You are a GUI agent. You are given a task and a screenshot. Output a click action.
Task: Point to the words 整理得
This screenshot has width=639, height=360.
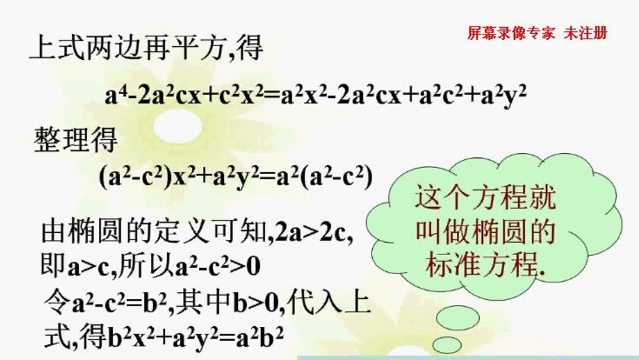[76, 142]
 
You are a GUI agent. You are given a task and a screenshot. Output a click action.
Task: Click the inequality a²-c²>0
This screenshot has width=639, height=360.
[218, 267]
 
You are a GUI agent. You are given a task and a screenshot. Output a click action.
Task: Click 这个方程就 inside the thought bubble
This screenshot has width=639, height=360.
[485, 198]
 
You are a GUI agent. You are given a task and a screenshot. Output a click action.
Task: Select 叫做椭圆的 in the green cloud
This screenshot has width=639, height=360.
[485, 232]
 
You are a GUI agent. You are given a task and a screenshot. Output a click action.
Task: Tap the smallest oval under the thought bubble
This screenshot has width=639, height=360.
[447, 345]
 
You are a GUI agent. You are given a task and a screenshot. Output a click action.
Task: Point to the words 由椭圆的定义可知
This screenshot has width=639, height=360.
[152, 233]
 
